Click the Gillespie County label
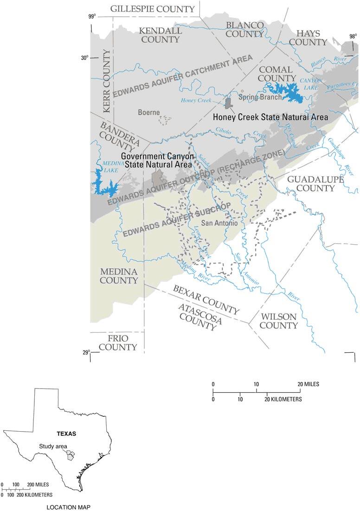point(152,9)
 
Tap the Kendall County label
point(160,35)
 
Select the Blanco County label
point(244,29)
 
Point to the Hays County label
point(311,37)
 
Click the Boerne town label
point(149,112)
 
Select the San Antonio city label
point(219,223)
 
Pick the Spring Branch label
point(259,97)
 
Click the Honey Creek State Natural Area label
point(270,116)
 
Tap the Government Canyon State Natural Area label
point(156,160)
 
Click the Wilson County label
point(278,321)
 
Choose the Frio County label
point(118,343)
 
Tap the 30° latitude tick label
point(84,58)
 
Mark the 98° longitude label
point(353,36)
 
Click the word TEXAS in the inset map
point(66,433)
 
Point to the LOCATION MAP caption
point(70,507)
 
